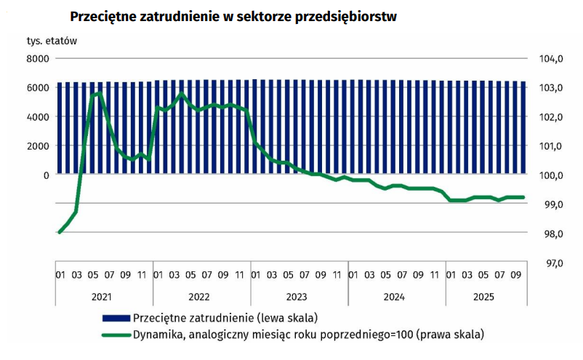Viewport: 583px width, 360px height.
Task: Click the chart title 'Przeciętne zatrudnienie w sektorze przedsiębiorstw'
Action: point(233,17)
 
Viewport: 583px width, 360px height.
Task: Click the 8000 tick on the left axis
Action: point(37,58)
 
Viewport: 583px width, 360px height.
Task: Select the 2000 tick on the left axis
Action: point(37,145)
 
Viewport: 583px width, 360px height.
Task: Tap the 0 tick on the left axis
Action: point(46,175)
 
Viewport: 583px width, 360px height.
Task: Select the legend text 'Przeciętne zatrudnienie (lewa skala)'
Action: point(225,318)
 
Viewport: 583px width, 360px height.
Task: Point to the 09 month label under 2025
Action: point(515,276)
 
